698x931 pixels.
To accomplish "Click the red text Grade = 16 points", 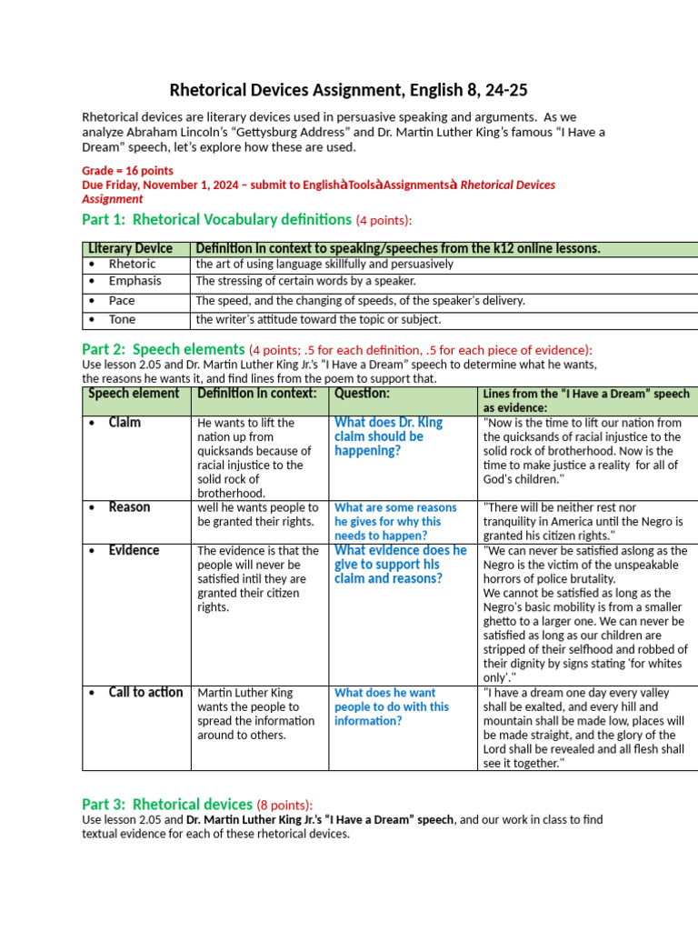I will point(127,170).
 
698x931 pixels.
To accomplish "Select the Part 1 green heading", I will point(215,219).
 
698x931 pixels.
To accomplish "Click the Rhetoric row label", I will point(132,264).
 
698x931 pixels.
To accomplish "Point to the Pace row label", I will point(122,300).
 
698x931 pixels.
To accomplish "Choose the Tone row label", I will point(122,319).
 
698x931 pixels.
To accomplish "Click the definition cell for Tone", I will point(318,319).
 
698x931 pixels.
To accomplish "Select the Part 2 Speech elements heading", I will point(164,349).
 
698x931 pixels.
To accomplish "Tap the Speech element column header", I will point(134,394).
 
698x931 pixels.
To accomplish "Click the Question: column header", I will point(362,394).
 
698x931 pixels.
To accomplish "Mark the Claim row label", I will point(125,423).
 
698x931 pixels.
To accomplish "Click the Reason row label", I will point(129,506).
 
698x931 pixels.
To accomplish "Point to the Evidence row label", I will point(134,550).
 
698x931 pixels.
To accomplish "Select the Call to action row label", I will point(145,692).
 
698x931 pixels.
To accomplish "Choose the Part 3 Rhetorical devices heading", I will point(167,804).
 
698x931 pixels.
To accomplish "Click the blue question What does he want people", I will point(392,706).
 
